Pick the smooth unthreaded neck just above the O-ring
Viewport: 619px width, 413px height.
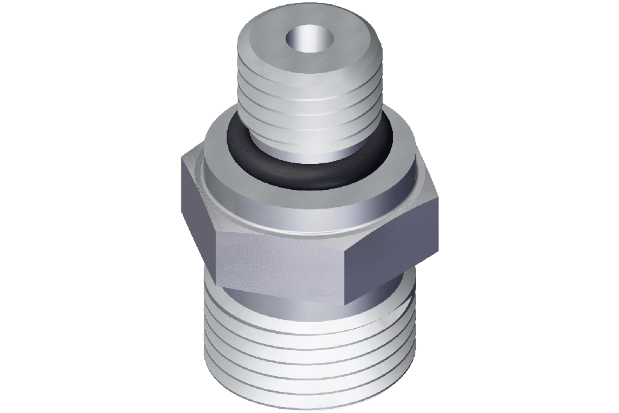coord(308,148)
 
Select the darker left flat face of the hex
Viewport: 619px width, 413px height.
coord(196,206)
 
